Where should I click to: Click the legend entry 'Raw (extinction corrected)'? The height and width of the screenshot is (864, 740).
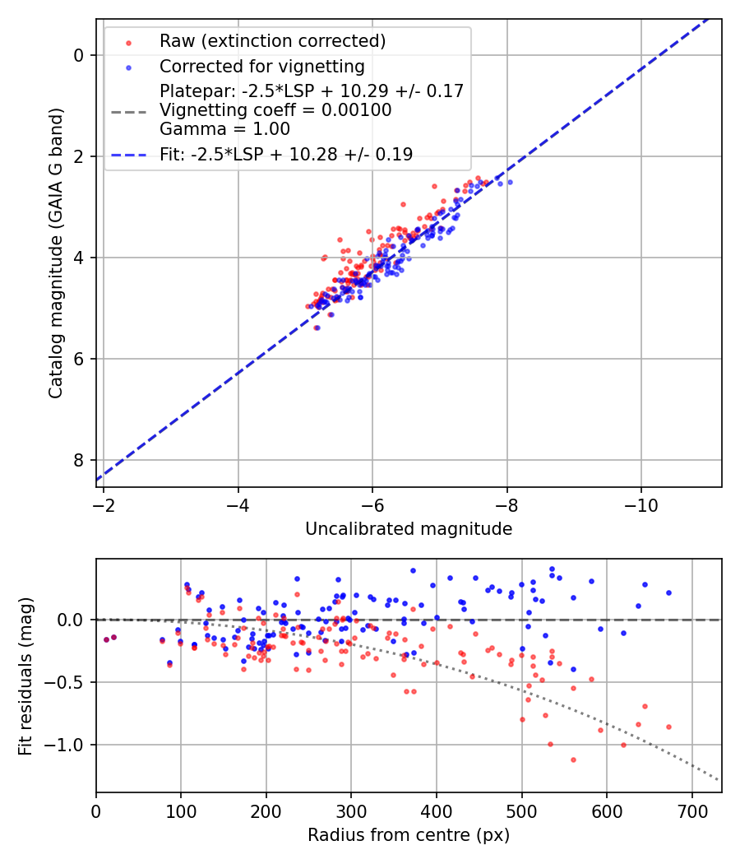(x=272, y=41)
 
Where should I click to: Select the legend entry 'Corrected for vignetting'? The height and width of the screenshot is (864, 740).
(x=261, y=66)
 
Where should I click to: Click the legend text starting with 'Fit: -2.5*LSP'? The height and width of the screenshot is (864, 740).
(x=286, y=154)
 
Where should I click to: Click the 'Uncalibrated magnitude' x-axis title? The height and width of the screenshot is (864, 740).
(x=409, y=529)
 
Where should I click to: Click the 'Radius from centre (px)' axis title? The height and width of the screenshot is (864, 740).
(x=409, y=835)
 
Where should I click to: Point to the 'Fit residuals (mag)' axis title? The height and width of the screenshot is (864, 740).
(x=26, y=676)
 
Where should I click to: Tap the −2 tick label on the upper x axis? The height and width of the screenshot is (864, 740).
(x=104, y=504)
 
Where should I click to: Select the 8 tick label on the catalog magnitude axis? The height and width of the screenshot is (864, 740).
(x=79, y=460)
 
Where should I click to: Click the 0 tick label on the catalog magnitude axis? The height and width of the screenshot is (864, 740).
(x=79, y=55)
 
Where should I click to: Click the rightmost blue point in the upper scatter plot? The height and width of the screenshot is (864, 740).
(x=510, y=182)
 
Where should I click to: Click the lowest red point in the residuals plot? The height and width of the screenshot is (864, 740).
(x=573, y=759)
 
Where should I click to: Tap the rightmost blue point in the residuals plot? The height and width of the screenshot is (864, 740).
(x=668, y=592)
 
